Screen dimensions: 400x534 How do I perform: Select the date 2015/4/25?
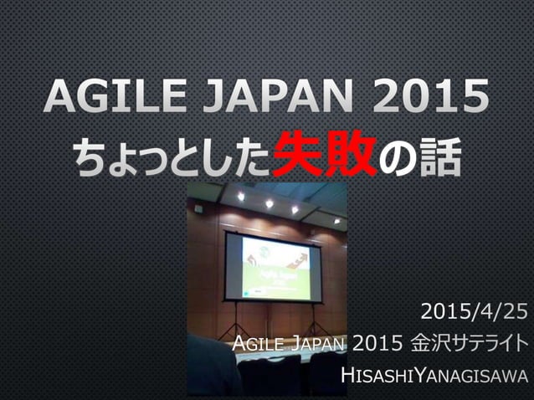pyautogui.click(x=474, y=314)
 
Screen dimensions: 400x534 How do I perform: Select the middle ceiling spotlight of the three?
pyautogui.click(x=269, y=203)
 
